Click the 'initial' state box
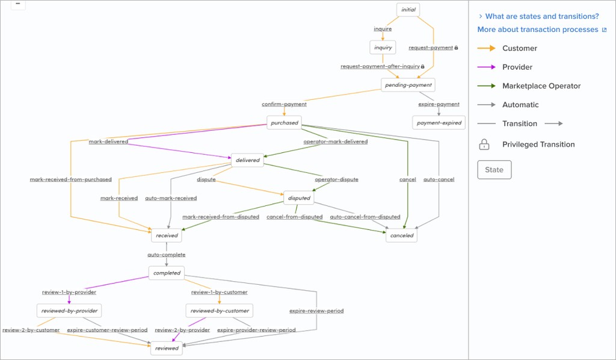(407, 10)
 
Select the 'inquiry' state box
(383, 48)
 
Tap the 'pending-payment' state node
(407, 85)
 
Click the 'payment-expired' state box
(439, 123)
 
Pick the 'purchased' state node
(284, 123)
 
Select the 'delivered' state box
(247, 160)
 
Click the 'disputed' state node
(299, 198)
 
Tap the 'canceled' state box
(401, 235)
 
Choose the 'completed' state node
(167, 273)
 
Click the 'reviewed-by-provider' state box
(69, 311)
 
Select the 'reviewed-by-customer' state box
(219, 311)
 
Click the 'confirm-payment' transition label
(284, 104)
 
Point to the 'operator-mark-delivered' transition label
(335, 142)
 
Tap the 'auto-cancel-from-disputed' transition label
(365, 217)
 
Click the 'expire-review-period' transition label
(316, 311)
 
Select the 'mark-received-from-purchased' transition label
(71, 179)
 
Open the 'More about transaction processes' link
(538, 29)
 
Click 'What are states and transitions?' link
(541, 16)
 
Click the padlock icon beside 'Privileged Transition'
(484, 144)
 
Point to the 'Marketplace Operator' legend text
(541, 86)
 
